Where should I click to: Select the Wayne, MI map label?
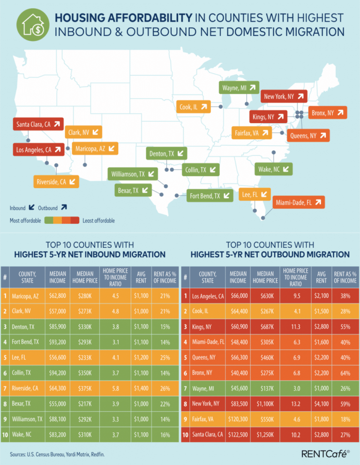[x=239, y=87]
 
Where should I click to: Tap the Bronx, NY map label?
[x=328, y=113]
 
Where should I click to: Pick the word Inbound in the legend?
[x=18, y=207]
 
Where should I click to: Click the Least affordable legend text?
[x=98, y=220]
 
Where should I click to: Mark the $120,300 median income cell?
[x=238, y=420]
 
